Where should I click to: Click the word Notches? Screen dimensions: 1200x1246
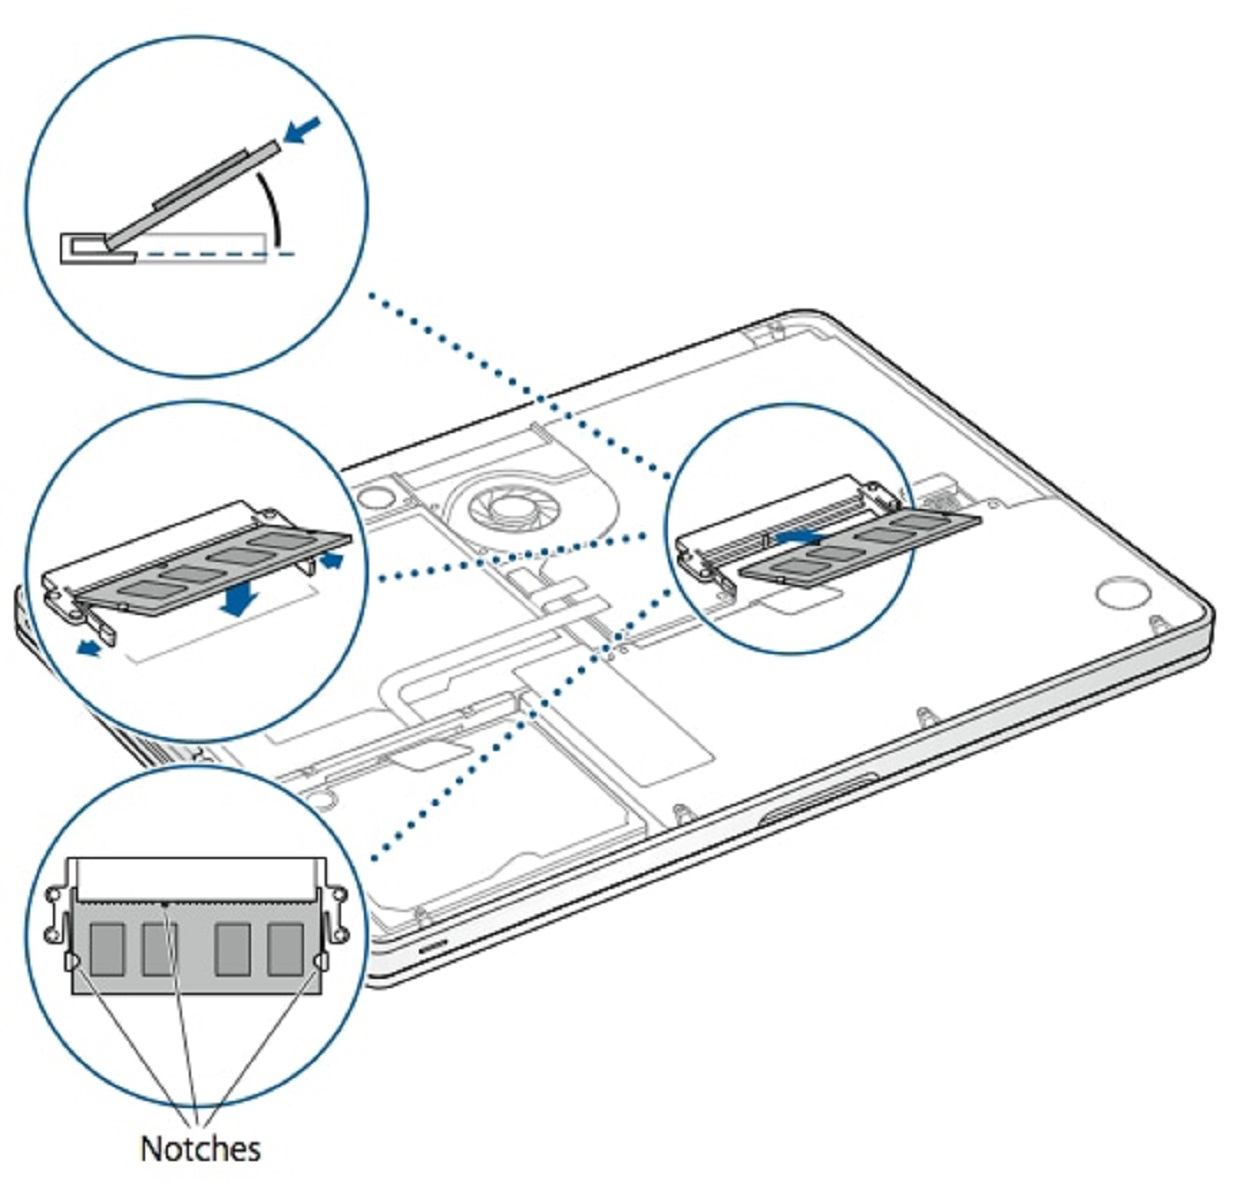point(200,1148)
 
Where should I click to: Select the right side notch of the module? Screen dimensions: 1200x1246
point(320,962)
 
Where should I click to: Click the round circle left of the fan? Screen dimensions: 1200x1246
point(371,495)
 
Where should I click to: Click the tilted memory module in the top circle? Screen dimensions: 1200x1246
point(190,195)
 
